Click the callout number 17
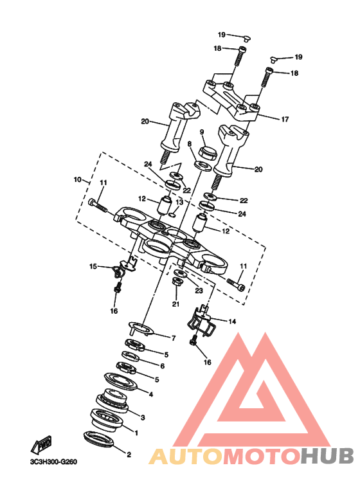click(x=285, y=120)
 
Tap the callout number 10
click(x=78, y=180)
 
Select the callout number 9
click(x=202, y=132)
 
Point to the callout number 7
click(x=174, y=339)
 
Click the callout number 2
click(x=129, y=455)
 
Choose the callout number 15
click(x=93, y=267)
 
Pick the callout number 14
click(x=232, y=321)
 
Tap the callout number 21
click(x=176, y=304)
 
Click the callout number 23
click(x=199, y=291)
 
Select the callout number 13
click(x=179, y=202)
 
